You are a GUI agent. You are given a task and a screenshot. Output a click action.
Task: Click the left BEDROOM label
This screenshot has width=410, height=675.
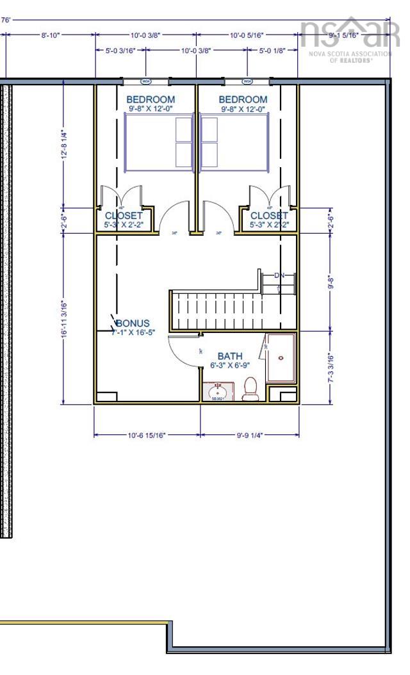point(151,99)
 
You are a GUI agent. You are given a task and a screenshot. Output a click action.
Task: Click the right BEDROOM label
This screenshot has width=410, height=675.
point(243,99)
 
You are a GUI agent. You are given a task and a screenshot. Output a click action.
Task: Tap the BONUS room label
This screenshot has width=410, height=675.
point(133,323)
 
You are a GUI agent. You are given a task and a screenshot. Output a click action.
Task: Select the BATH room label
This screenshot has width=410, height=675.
point(230,356)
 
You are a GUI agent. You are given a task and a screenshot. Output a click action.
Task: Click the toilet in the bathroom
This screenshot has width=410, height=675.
point(250,389)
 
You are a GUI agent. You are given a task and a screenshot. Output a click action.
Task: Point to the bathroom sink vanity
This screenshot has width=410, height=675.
point(218,391)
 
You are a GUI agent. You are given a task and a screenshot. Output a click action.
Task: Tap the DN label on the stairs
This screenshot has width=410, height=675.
point(279,275)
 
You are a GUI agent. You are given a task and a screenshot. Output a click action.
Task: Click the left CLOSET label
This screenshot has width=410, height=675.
point(123,216)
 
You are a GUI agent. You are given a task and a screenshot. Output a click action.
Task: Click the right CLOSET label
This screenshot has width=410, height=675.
point(268,216)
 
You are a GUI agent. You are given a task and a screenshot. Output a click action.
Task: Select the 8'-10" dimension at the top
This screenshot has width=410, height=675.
point(50,35)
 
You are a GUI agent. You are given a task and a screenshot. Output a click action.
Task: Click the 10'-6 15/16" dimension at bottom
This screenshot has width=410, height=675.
point(147,435)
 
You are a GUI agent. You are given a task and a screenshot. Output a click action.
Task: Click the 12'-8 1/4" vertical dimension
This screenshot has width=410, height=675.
point(63,145)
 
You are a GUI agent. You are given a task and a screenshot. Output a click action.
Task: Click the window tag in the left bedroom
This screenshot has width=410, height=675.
point(146,81)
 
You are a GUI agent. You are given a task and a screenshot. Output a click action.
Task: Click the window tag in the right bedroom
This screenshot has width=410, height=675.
point(247,81)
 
